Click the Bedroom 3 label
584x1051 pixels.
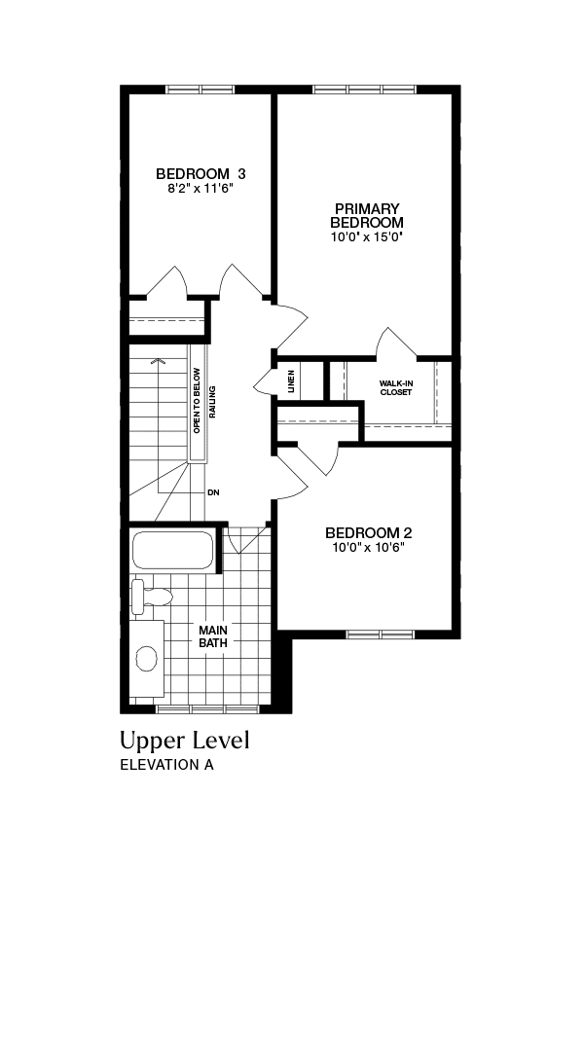tap(201, 174)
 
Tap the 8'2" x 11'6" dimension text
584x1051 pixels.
tap(201, 189)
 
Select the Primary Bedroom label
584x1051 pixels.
tap(367, 215)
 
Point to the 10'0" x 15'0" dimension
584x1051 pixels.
tap(367, 237)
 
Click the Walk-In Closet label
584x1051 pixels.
tap(395, 388)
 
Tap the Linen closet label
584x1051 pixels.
tap(291, 381)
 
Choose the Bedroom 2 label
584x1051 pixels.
tap(368, 533)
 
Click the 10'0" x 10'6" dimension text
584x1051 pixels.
tap(368, 547)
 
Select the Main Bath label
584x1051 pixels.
tap(212, 636)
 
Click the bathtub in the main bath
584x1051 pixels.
tap(173, 550)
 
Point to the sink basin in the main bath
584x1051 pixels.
tap(147, 659)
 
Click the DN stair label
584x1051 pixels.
tap(213, 492)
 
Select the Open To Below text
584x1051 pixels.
tap(197, 400)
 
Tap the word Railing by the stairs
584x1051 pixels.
tap(212, 402)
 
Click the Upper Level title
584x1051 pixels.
tap(184, 742)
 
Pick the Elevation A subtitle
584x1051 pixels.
tap(166, 765)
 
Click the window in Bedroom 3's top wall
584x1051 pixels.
tap(200, 90)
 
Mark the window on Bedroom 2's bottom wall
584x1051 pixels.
tap(381, 634)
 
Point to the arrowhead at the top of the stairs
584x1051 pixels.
tap(158, 361)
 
